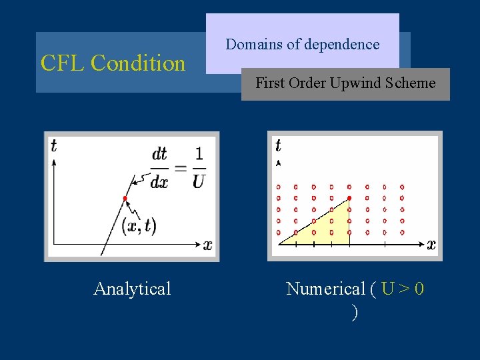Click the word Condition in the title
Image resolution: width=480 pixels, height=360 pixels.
coord(138,63)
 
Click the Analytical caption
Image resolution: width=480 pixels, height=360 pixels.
coord(132,289)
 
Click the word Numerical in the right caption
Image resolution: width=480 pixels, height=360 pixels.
coord(325,289)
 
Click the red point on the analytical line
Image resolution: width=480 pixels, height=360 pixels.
coord(125,199)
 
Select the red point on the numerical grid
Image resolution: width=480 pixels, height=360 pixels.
coord(349,198)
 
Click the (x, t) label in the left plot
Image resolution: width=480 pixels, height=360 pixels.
coord(139,226)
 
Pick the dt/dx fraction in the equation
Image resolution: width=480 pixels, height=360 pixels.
coord(159,168)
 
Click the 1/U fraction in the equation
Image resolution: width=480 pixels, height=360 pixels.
coord(198,168)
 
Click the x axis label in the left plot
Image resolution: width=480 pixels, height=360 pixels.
coord(207,245)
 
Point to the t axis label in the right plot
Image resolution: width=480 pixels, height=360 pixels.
coord(278,145)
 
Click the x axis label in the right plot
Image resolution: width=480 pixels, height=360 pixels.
coord(431,245)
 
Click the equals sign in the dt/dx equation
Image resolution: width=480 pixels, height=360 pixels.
coord(179,168)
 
